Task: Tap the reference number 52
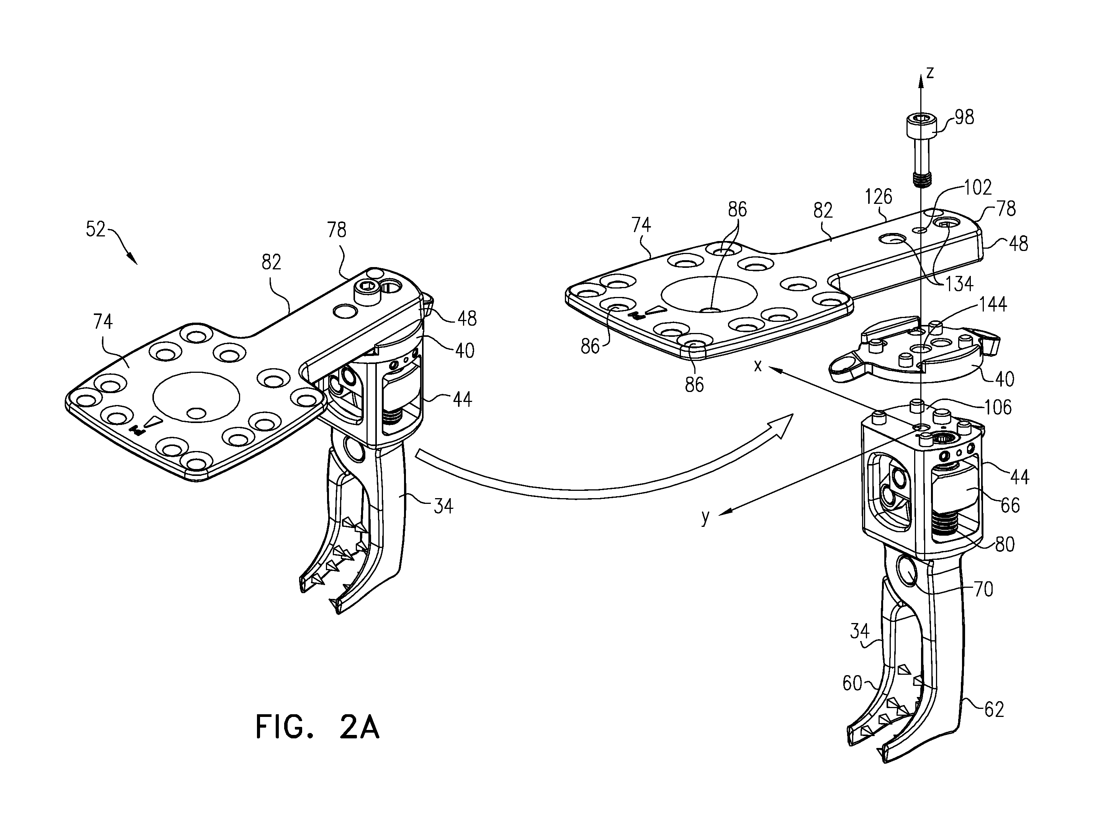pos(95,229)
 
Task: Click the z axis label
pos(929,74)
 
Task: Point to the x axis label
pos(758,366)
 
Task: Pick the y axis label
pos(705,517)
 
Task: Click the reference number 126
pos(879,197)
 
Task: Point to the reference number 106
pos(998,407)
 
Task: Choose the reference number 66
pos(1010,505)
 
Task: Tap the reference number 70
pos(983,589)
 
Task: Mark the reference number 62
pos(994,709)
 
